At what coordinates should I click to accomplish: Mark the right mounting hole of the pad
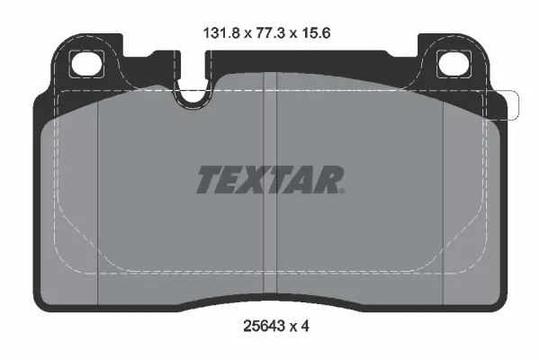coord(450,65)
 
